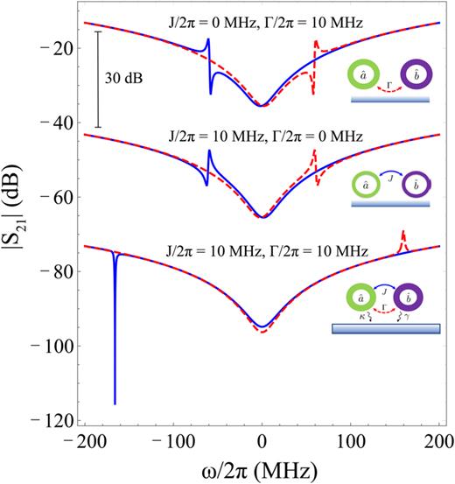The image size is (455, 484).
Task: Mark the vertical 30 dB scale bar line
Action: (99, 80)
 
